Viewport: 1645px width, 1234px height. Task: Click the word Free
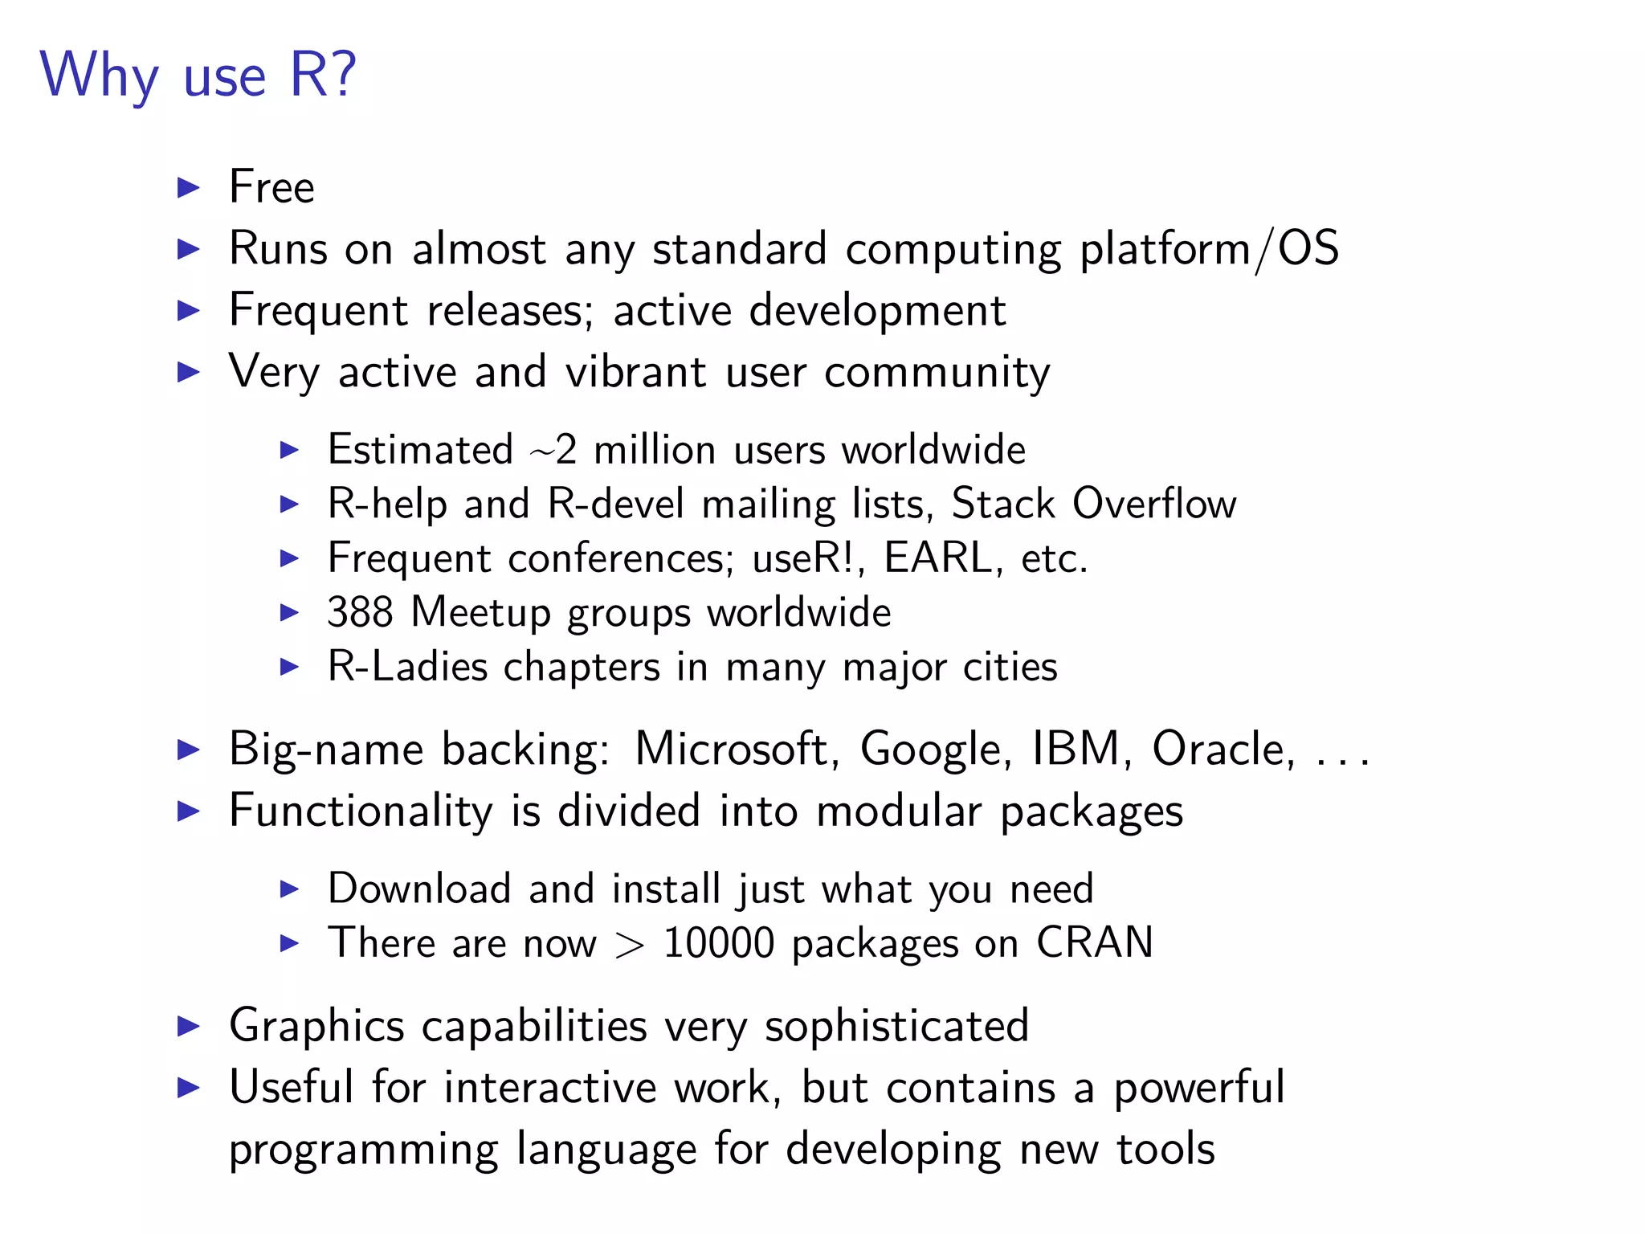[271, 187]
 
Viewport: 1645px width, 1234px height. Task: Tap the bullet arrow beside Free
[188, 188]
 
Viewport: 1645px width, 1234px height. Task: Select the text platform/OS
[1209, 249]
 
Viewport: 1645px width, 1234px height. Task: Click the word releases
[510, 311]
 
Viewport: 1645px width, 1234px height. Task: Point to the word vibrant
[635, 372]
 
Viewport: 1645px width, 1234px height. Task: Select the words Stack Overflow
[1094, 505]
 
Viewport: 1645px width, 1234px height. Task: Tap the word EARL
[938, 558]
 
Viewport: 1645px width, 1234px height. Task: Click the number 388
[360, 612]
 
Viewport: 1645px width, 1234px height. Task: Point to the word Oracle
[1223, 750]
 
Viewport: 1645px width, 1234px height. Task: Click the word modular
[899, 811]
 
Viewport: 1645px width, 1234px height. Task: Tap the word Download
[418, 889]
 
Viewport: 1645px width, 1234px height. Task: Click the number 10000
[718, 943]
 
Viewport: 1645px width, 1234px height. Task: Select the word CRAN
[1095, 943]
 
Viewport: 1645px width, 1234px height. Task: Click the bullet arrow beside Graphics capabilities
[188, 1026]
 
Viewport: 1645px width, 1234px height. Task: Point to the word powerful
[1198, 1088]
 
